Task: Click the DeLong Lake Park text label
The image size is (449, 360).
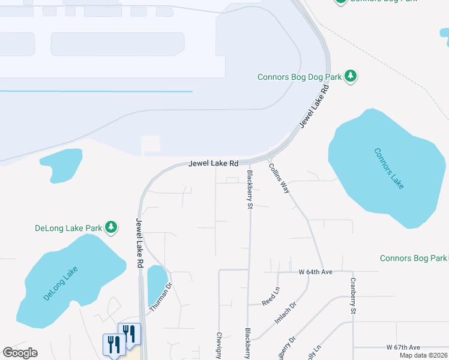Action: point(68,228)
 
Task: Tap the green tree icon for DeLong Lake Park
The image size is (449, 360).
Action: point(110,227)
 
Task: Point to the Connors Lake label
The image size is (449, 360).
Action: point(388,169)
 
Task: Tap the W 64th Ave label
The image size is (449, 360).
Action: point(315,272)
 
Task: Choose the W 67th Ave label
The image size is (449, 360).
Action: point(403,347)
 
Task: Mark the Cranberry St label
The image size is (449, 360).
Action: point(354,296)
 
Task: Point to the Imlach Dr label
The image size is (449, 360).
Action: point(286,313)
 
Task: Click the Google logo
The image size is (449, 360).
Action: point(20,353)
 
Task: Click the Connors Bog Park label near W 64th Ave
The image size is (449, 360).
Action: point(414,258)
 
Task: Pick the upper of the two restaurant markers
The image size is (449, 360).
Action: point(130,333)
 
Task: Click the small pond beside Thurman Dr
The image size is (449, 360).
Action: point(157,280)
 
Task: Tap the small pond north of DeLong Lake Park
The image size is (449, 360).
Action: point(61,164)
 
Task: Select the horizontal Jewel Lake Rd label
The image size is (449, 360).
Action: point(213,163)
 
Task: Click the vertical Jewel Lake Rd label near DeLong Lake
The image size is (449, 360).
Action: point(139,242)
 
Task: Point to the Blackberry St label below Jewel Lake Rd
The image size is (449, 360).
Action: point(249,189)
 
